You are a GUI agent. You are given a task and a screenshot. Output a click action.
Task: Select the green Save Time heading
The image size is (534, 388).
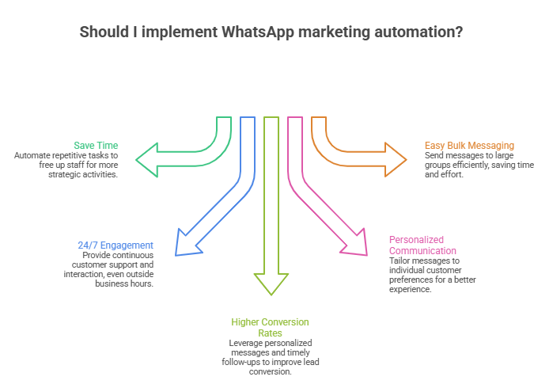tap(96, 146)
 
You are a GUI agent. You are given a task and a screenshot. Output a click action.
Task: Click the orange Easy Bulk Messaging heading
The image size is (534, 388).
tap(469, 146)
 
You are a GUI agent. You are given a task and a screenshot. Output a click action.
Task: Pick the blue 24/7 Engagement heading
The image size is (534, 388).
tap(116, 245)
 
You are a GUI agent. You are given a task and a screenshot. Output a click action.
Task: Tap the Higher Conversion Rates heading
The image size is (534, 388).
tap(270, 328)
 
